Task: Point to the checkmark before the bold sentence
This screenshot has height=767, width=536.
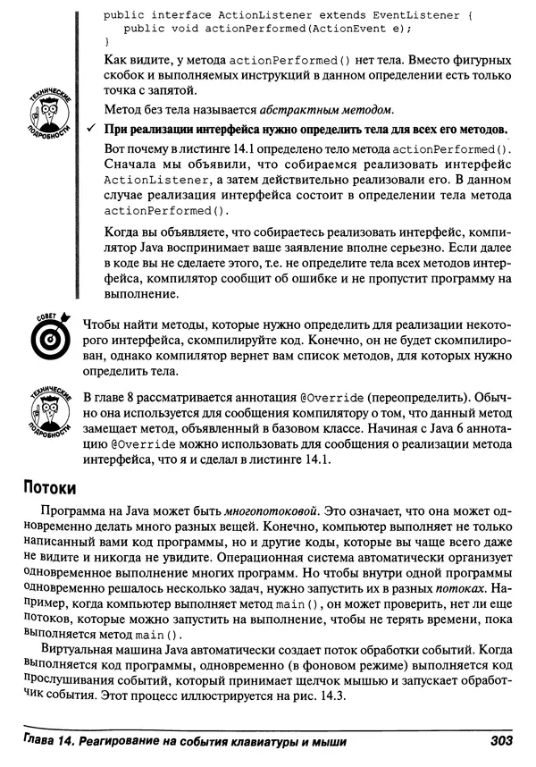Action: (x=92, y=131)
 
